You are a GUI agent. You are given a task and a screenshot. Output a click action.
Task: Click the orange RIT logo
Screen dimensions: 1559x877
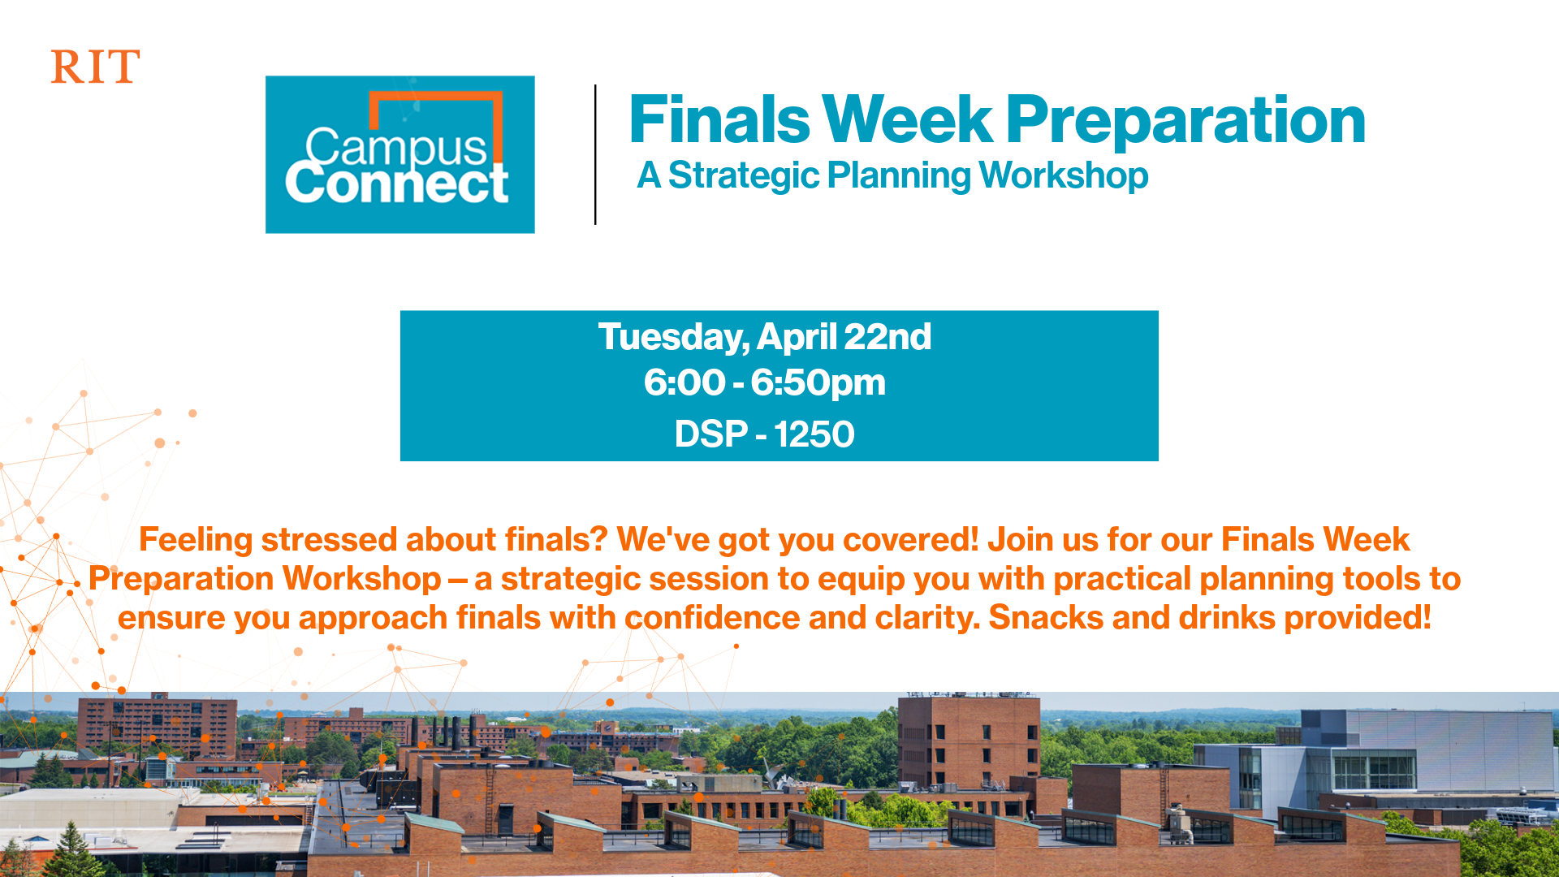tap(95, 67)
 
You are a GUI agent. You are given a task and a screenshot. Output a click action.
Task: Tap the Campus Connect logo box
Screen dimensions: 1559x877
tap(399, 154)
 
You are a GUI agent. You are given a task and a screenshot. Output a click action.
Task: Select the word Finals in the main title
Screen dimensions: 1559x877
tap(719, 119)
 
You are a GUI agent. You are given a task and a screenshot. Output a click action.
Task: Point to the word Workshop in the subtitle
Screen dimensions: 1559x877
tap(1064, 176)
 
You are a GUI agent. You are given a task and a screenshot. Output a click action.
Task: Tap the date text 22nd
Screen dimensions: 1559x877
tap(887, 337)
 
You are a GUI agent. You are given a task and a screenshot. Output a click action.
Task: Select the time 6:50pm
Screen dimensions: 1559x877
tap(818, 383)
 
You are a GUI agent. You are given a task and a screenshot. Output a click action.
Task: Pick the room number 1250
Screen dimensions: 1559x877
tap(814, 434)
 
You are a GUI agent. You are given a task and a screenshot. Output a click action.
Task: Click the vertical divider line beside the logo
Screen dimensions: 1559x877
tap(595, 154)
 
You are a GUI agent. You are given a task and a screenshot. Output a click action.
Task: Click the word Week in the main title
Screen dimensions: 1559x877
tap(907, 119)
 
